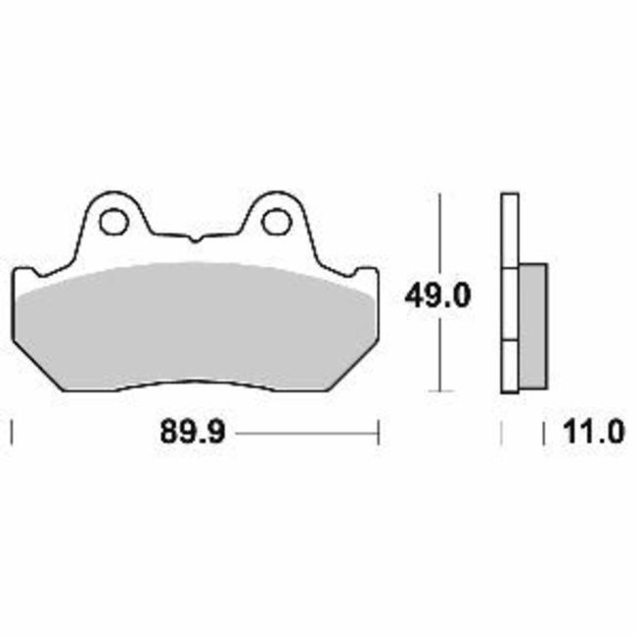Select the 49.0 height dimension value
(439, 294)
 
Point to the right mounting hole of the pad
(274, 221)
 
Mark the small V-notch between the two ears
(194, 238)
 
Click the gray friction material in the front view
(196, 323)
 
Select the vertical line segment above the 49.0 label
(442, 235)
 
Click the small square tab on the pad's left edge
(27, 274)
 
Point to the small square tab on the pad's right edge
(364, 274)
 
